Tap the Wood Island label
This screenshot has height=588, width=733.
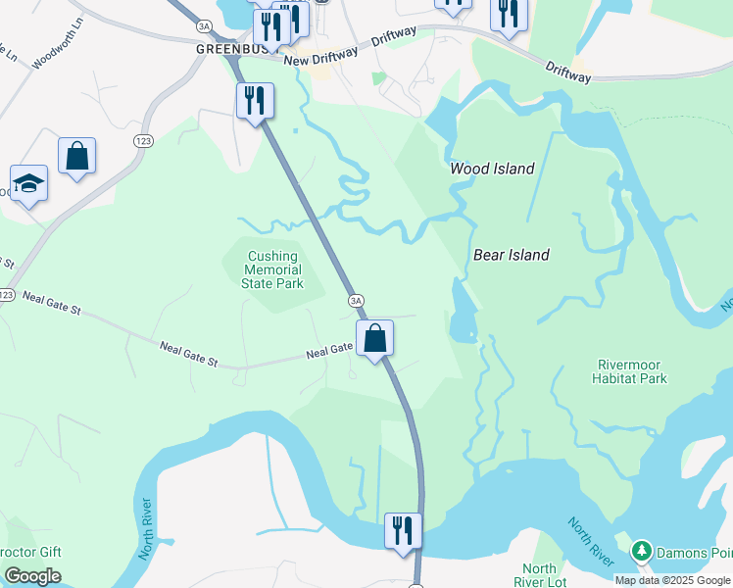[x=492, y=169]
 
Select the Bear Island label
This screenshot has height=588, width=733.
[x=512, y=255]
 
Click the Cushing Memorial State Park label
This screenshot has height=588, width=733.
[x=272, y=269]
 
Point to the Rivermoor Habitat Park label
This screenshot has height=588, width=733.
[x=630, y=371]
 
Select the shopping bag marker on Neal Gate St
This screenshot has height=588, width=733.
[x=374, y=339]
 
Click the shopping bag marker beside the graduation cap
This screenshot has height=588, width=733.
[x=76, y=156]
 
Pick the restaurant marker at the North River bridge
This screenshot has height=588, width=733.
[x=403, y=530]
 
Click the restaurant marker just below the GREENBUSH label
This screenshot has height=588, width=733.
[x=255, y=100]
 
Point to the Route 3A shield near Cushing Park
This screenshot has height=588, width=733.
[x=356, y=300]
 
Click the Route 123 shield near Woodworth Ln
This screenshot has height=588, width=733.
[x=143, y=142]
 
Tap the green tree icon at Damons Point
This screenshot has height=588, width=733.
[x=641, y=552]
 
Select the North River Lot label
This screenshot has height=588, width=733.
[x=539, y=575]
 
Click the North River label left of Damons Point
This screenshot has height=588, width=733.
[x=589, y=540]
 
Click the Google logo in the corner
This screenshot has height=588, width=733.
[x=32, y=576]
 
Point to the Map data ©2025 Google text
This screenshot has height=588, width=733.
[x=672, y=580]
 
